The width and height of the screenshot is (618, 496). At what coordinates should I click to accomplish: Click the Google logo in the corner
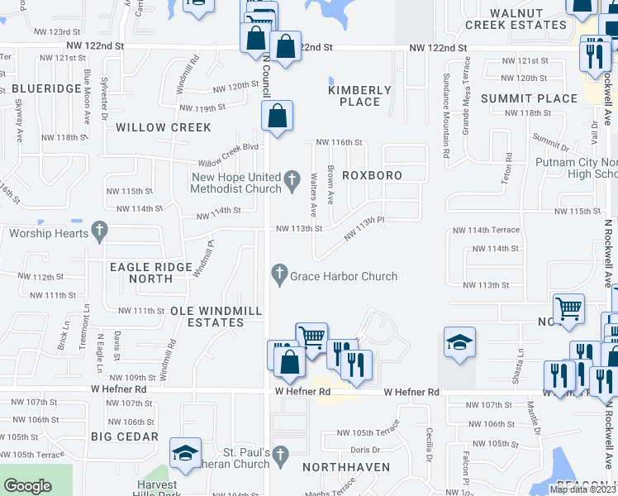[28, 486]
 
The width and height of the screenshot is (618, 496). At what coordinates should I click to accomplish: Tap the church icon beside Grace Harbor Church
[279, 273]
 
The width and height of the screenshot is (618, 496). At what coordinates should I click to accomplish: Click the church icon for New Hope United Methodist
[291, 179]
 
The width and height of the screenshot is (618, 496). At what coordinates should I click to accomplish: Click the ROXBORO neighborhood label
[372, 176]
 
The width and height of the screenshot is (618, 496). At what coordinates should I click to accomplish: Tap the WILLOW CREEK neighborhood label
[164, 127]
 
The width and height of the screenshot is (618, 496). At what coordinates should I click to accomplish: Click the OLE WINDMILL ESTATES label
[216, 317]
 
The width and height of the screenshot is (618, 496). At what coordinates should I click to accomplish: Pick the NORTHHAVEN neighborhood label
[340, 467]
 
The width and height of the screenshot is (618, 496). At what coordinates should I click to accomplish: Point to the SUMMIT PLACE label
[540, 98]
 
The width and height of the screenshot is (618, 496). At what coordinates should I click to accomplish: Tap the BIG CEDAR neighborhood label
[125, 436]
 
